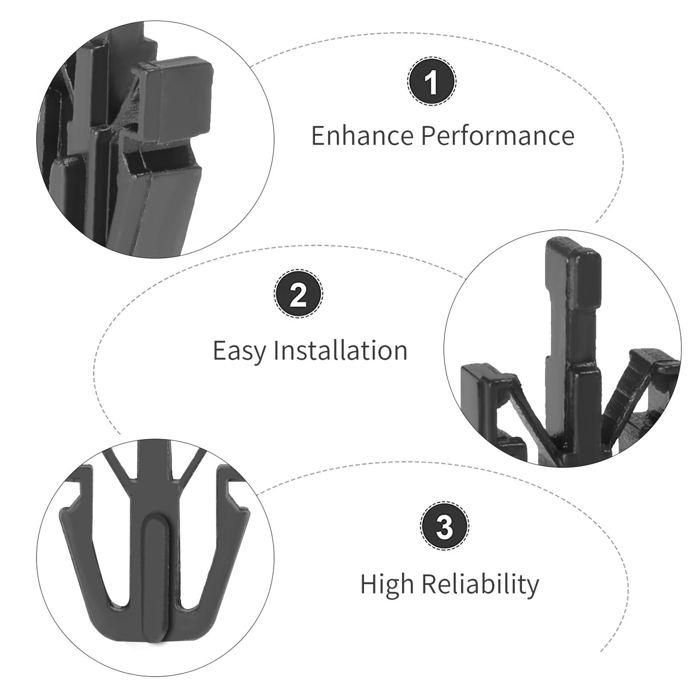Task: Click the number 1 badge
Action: coord(431,81)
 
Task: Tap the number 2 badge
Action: coord(298,293)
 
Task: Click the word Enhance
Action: coord(362,135)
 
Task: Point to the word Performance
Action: coord(497,135)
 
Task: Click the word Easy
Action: coord(239,351)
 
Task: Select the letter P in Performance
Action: coord(428,135)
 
